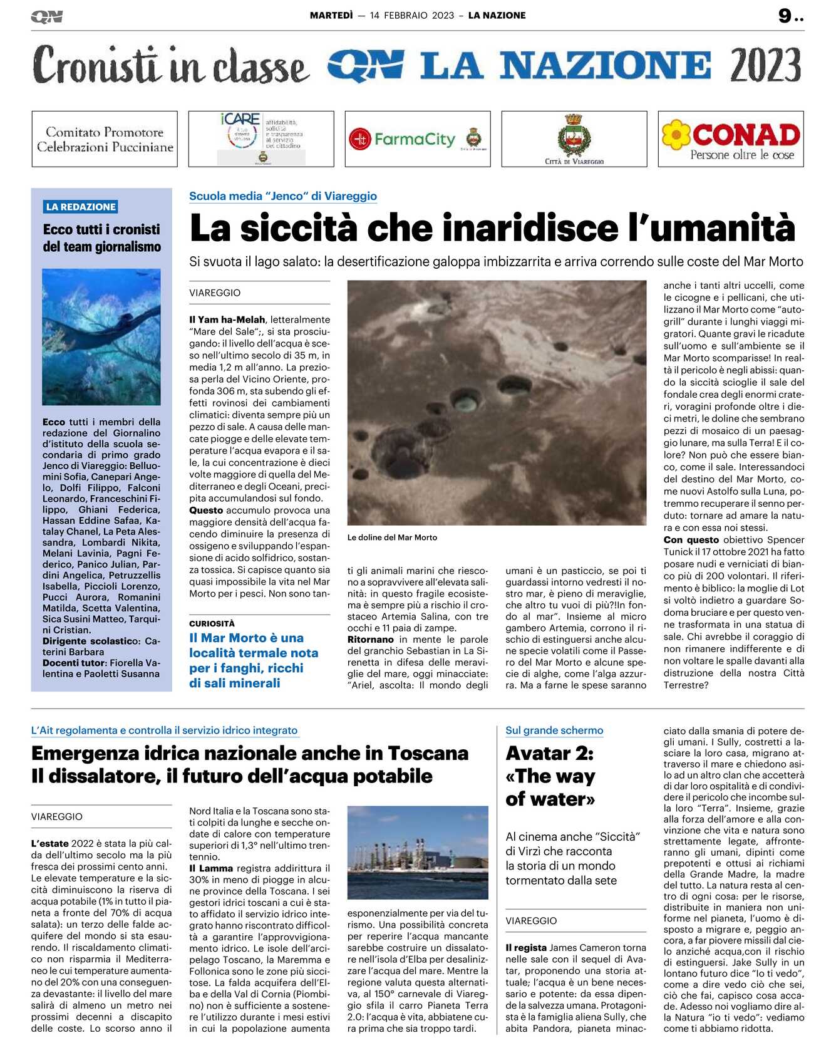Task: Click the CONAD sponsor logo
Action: point(731,139)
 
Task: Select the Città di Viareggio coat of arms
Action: point(574,135)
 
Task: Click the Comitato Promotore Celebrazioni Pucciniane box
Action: point(105,139)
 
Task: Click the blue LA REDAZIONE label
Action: point(81,207)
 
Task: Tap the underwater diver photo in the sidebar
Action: point(101,336)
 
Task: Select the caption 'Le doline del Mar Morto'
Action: point(392,537)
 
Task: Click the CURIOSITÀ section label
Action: point(212,623)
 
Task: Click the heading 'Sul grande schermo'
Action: point(554,730)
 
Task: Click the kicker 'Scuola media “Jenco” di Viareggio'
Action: point(283,196)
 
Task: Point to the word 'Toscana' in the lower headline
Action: point(428,753)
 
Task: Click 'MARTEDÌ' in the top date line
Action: point(331,16)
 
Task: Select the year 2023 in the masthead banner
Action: point(765,65)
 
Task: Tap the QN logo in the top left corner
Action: point(47,17)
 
